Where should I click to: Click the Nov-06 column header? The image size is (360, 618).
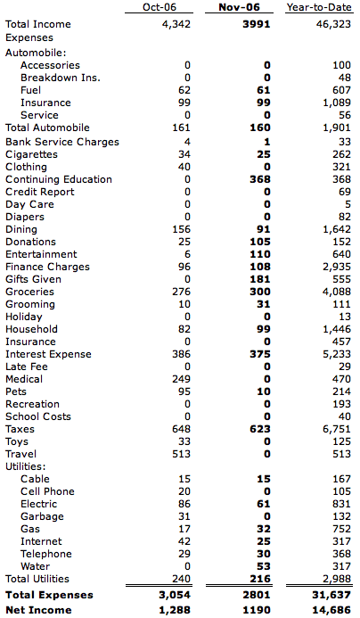point(239,7)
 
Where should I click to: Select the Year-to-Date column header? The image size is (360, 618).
point(319,7)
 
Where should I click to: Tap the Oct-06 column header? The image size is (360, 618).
point(160,7)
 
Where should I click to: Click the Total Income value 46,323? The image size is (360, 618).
point(333,24)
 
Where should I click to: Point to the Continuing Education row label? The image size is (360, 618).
point(59,179)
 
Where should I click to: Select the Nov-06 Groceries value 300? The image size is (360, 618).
point(260,292)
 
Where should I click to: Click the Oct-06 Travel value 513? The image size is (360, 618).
point(181,454)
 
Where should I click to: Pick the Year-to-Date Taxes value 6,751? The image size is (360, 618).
point(336,429)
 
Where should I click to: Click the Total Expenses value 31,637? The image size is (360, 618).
point(331,595)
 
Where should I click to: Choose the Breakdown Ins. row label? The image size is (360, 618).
point(61,78)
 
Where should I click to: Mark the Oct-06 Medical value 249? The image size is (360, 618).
point(181,379)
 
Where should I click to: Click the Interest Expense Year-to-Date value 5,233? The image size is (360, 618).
point(336,354)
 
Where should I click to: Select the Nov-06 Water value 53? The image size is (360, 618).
point(264,566)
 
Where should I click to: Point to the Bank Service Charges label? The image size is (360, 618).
point(62,142)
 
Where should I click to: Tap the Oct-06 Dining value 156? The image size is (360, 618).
point(181,229)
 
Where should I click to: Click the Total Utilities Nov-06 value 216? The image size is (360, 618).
point(260,579)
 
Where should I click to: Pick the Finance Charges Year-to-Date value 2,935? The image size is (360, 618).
point(336,267)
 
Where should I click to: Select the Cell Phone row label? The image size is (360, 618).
point(47,491)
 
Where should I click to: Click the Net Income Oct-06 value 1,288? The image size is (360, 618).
point(175,610)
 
